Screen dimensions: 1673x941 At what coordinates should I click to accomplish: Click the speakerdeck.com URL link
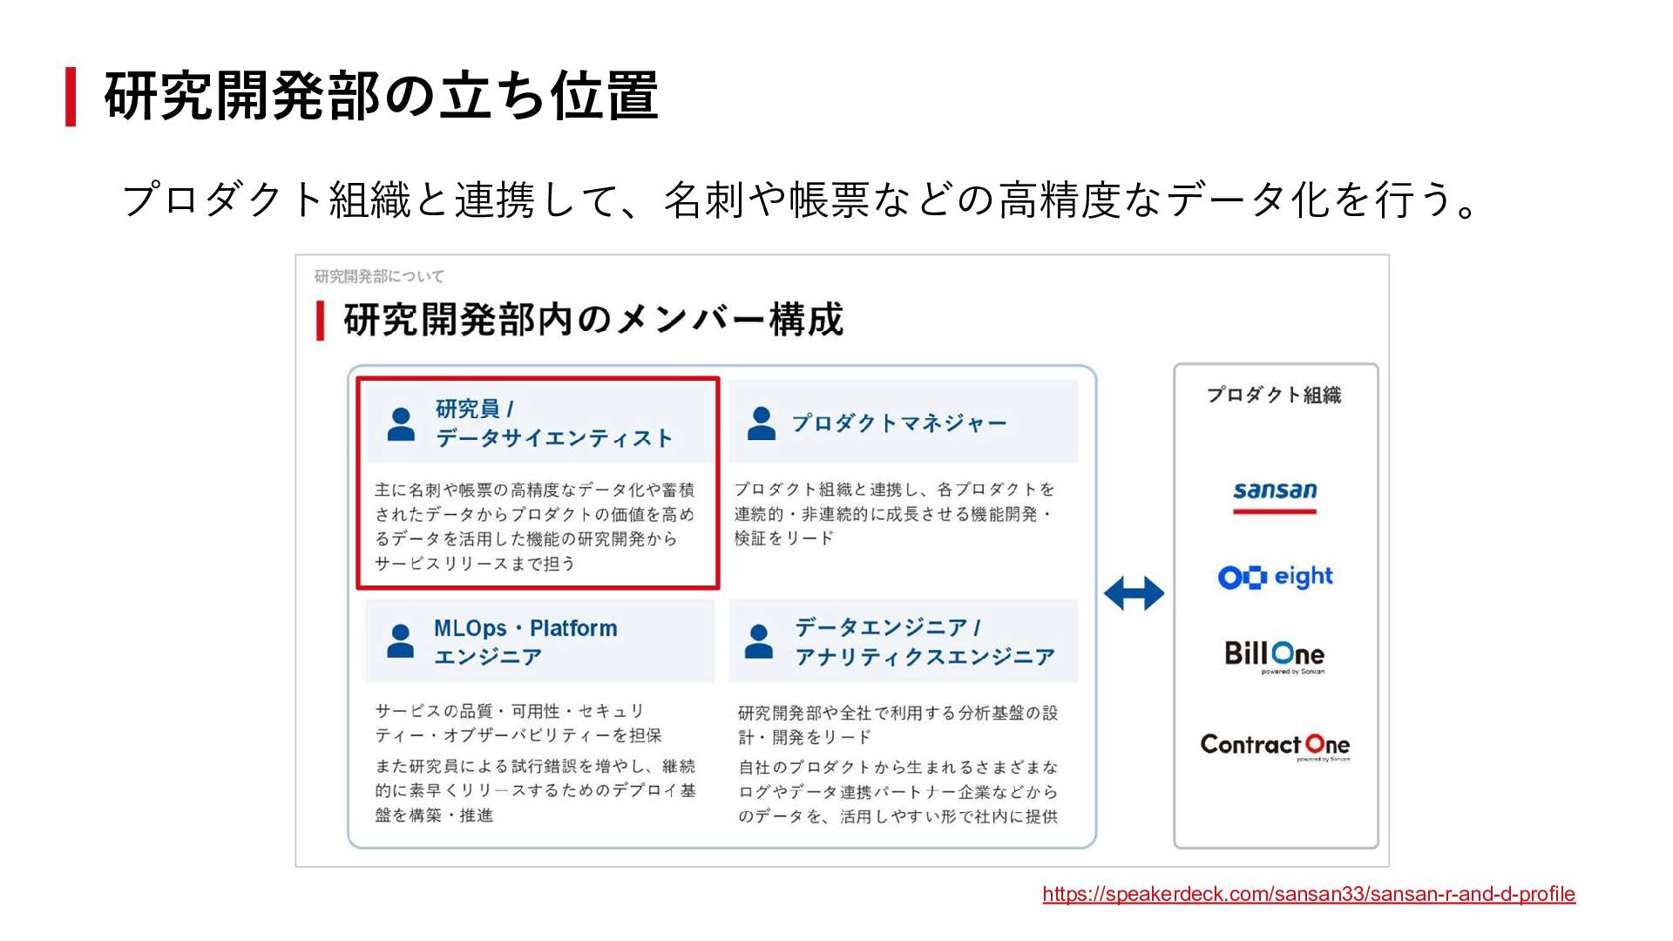[1308, 894]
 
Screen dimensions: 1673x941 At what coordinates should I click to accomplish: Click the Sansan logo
[1275, 493]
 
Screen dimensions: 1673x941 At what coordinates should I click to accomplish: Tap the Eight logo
[1275, 577]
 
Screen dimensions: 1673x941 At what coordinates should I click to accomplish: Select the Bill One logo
[1274, 655]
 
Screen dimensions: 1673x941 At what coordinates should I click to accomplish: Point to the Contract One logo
[1275, 745]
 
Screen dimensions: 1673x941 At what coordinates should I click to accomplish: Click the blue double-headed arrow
[1134, 593]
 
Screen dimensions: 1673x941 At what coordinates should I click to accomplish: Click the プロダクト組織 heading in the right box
[1274, 395]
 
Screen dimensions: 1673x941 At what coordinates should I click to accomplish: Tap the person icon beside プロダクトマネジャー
[762, 423]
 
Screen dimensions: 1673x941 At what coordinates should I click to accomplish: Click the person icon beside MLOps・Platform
[400, 641]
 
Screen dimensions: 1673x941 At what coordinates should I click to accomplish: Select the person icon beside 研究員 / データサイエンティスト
[401, 424]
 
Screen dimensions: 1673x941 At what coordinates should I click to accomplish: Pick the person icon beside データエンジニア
[759, 641]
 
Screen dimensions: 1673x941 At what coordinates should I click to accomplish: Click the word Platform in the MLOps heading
[573, 628]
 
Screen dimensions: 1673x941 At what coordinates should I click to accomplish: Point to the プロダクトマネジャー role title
[898, 423]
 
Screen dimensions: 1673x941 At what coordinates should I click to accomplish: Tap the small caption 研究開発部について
[379, 276]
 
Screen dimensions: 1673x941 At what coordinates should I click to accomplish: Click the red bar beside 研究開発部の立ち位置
[71, 96]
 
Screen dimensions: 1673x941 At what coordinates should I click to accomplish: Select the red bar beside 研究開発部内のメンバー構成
[321, 320]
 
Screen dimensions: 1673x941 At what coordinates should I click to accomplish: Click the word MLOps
[470, 628]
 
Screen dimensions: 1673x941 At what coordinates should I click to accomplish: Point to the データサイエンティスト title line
[554, 438]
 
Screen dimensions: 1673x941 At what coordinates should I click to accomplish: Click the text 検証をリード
[783, 538]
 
